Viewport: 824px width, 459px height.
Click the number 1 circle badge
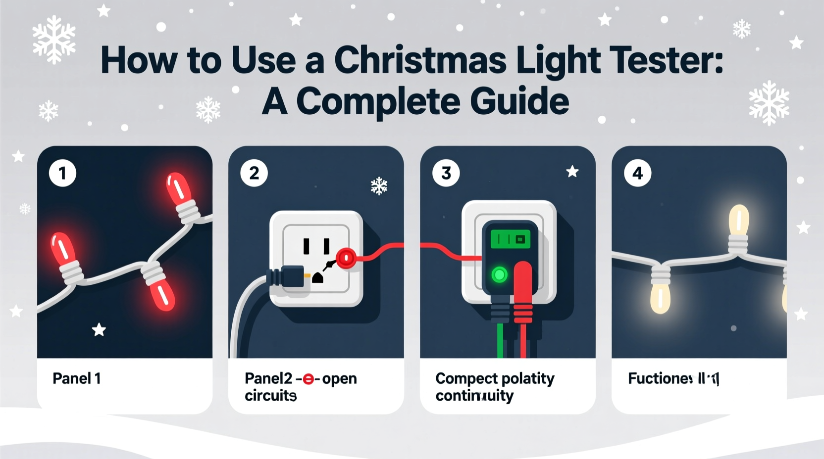point(62,173)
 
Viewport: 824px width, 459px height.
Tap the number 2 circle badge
point(254,173)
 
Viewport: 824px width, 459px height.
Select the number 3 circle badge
point(446,173)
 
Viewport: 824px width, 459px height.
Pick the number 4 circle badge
point(637,173)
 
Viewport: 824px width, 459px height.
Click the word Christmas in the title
point(420,60)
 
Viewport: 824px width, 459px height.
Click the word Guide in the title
point(519,101)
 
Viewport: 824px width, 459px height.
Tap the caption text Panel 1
point(77,379)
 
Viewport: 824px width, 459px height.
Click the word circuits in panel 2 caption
point(270,396)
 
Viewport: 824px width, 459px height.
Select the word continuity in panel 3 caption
point(474,396)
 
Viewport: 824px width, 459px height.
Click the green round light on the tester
point(499,275)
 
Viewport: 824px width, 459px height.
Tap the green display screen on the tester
point(511,239)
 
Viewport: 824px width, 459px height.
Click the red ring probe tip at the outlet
point(346,258)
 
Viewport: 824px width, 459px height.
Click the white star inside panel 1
point(99,329)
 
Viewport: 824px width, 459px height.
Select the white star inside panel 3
point(572,172)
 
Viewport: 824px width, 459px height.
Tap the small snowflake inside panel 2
point(379,186)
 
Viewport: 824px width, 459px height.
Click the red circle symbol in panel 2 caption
point(308,379)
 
